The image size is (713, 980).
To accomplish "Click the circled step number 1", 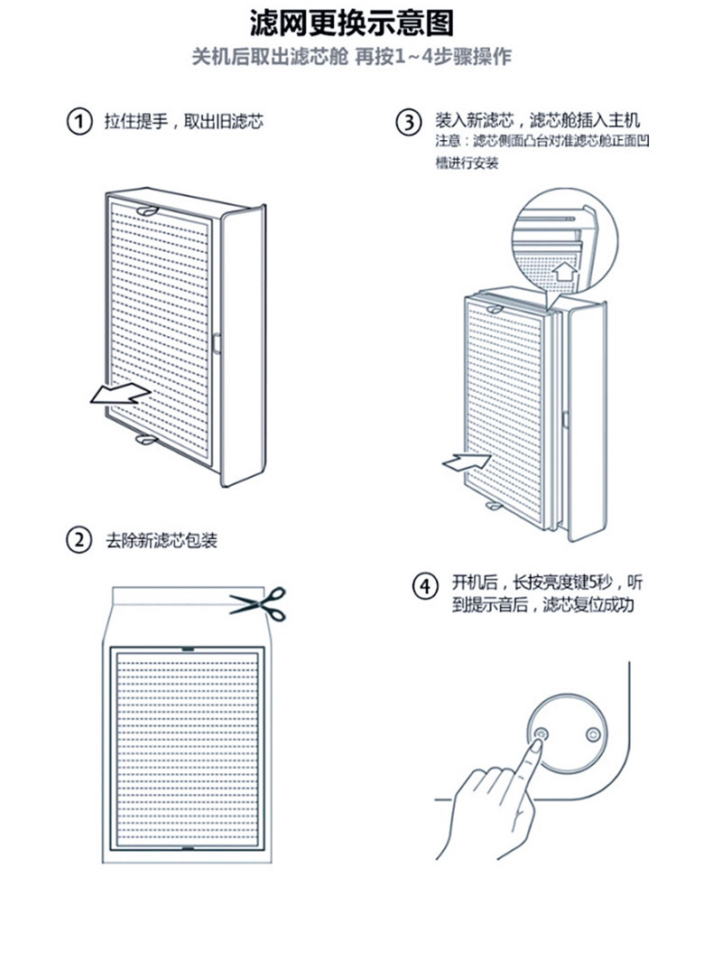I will pyautogui.click(x=80, y=122).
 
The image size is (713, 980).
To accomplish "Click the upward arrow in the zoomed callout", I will pyautogui.click(x=565, y=270).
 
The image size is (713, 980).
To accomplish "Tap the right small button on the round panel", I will pyautogui.click(x=592, y=734).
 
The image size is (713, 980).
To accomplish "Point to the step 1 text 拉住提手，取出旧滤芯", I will pyautogui.click(x=183, y=122).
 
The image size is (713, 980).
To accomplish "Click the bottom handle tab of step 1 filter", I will pyautogui.click(x=144, y=439).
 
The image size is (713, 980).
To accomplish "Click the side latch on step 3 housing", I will pyautogui.click(x=563, y=418).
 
